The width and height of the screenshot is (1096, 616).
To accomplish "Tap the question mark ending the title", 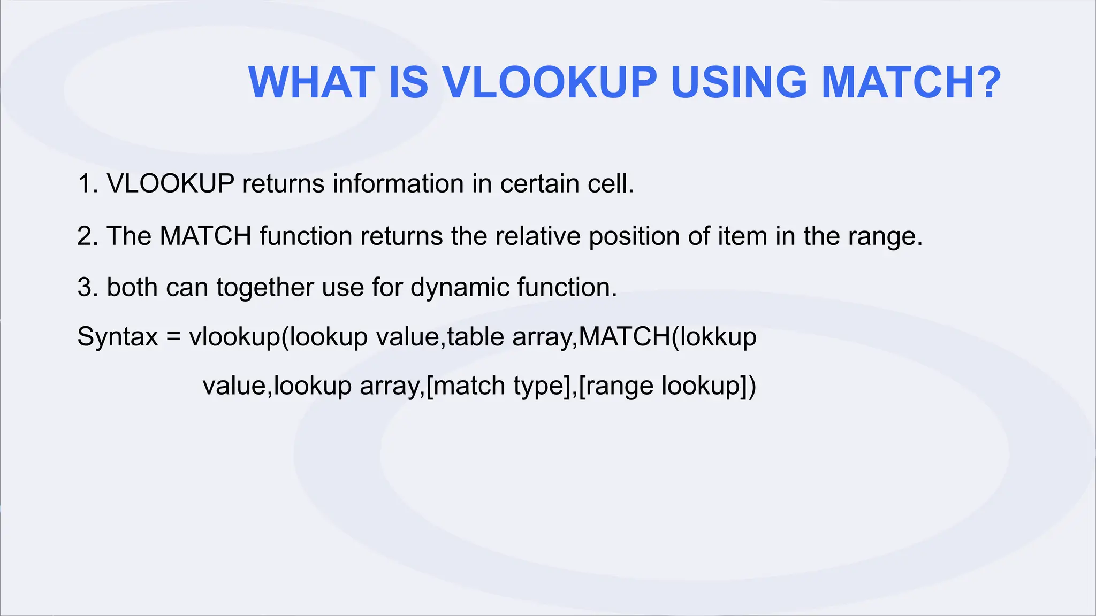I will point(986,83).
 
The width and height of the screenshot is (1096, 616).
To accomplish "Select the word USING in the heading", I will point(739,83).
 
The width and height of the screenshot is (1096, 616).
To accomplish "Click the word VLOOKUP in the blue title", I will point(550,83).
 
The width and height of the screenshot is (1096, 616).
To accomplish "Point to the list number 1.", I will point(85,184).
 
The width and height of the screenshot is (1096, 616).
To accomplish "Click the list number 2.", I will point(85,236).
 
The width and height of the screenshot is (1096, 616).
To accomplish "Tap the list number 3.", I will point(85,288).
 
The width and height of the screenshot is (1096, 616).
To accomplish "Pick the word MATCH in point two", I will point(205,236).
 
